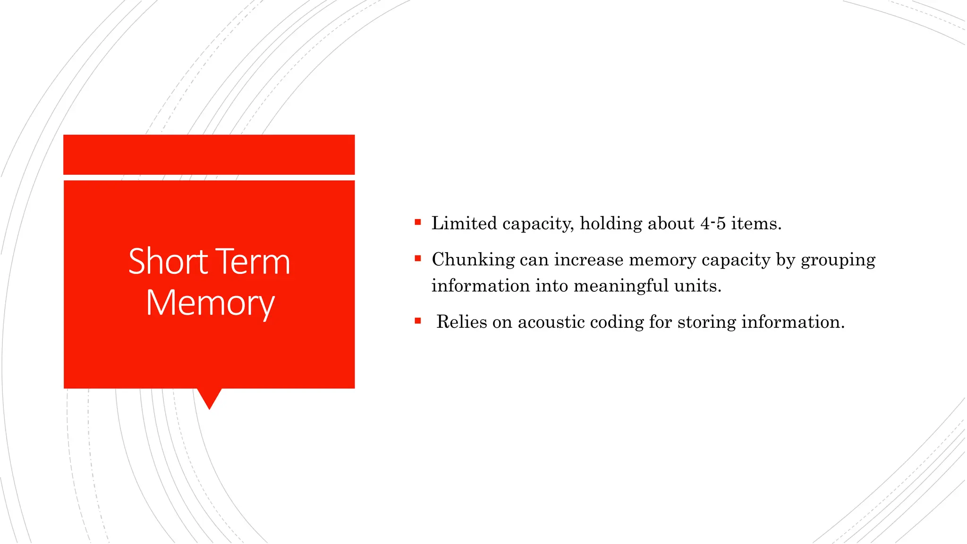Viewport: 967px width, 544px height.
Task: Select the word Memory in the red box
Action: click(210, 303)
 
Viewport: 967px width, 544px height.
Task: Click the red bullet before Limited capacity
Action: click(418, 222)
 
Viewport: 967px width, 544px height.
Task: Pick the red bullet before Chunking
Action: click(418, 258)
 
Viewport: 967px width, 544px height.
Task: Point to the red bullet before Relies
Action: click(418, 321)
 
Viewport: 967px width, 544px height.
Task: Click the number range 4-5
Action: click(713, 223)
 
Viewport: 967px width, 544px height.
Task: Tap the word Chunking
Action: click(473, 260)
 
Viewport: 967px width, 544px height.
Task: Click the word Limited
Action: click(464, 223)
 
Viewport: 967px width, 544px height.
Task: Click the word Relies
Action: click(461, 322)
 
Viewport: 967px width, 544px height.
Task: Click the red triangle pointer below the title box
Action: click(209, 398)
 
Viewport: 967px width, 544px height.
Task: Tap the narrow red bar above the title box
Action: click(209, 154)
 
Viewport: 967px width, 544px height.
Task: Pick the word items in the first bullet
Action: click(756, 223)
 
